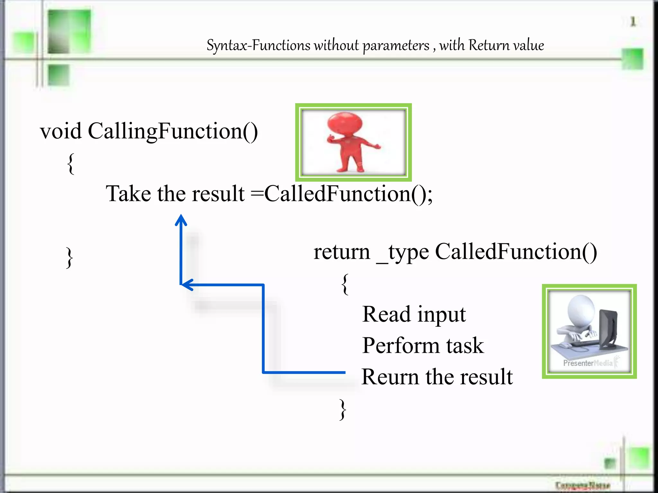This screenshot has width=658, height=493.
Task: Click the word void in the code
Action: [x=61, y=131]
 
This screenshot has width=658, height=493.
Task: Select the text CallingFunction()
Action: [x=173, y=131]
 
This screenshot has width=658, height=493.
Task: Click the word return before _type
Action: [x=342, y=252]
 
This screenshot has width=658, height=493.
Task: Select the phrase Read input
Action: [x=414, y=314]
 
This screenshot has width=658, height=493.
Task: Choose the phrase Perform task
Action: [x=423, y=346]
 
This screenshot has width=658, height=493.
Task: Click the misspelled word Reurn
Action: [x=390, y=377]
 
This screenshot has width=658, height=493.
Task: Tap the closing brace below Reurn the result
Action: [x=343, y=409]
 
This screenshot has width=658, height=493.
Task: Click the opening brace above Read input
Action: [x=345, y=284]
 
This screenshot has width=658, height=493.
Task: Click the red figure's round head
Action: [x=345, y=124]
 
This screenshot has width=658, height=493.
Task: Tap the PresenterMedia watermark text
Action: [x=588, y=363]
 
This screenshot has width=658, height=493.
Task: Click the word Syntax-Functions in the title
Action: [x=259, y=45]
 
